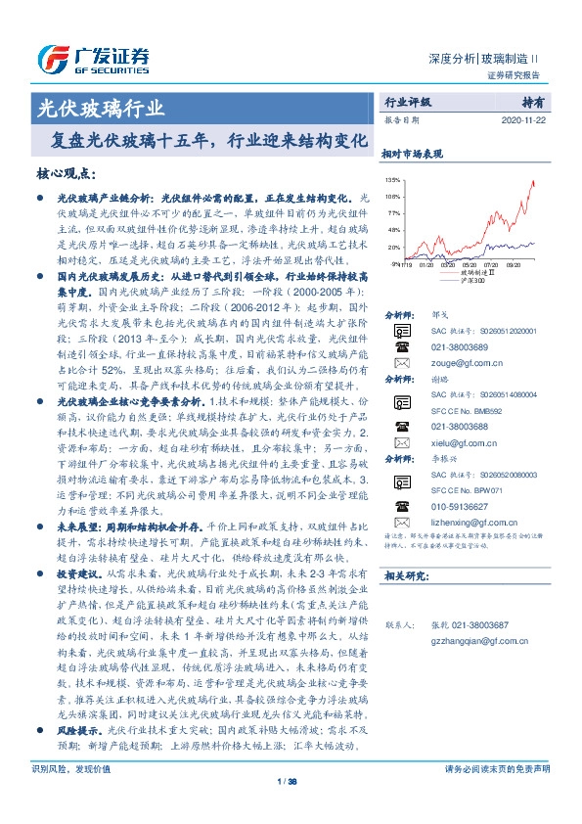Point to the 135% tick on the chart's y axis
coord(393,181)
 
